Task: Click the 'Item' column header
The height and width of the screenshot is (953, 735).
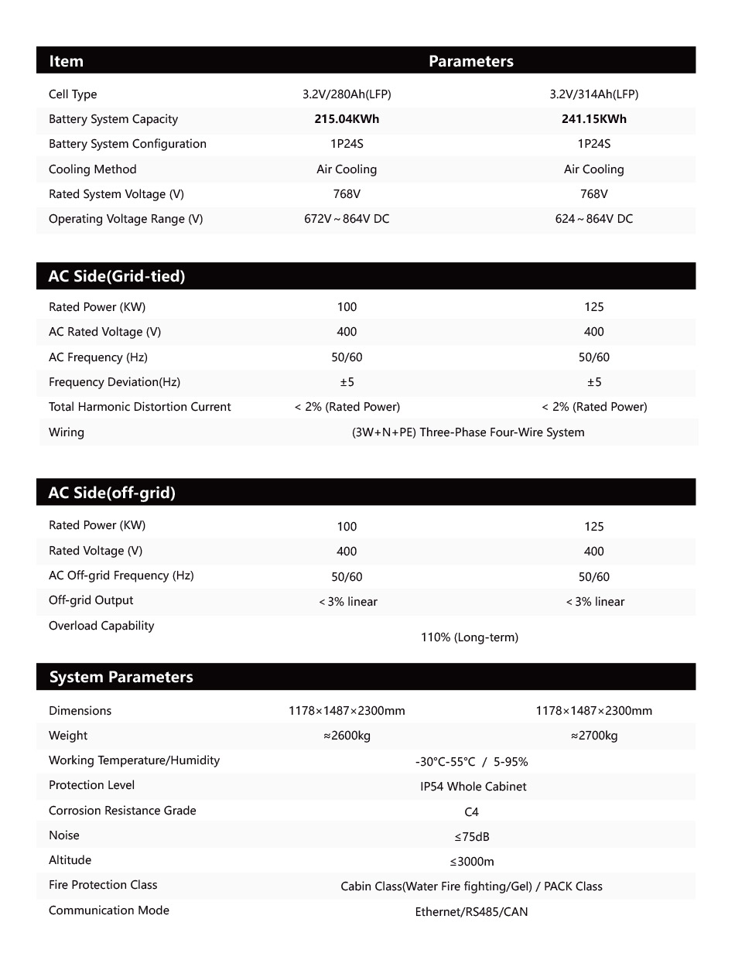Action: [x=66, y=61]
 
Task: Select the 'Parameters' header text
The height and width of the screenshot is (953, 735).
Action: [x=470, y=61]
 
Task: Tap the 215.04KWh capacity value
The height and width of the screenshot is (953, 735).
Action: [x=347, y=119]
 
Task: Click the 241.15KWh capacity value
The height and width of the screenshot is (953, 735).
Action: [x=593, y=119]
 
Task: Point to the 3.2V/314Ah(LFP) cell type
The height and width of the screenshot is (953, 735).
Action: [x=593, y=94]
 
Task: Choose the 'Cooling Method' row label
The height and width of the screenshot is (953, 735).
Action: [x=92, y=169]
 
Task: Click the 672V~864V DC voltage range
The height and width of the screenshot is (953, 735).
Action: [x=347, y=219]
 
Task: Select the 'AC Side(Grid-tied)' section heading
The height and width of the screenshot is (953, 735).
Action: [x=117, y=276]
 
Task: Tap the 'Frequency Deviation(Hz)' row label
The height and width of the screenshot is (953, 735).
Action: [x=115, y=382]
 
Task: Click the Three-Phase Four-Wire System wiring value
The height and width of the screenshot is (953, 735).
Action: [x=468, y=432]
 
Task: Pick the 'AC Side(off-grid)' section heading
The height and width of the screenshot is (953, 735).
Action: [x=112, y=493]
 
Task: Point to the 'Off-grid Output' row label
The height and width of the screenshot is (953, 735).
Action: [x=91, y=600]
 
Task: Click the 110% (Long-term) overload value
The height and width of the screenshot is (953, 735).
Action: [x=470, y=637]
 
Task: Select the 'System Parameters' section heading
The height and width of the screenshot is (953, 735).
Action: [x=121, y=677]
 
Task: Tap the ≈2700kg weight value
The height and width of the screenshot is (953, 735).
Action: [x=593, y=736]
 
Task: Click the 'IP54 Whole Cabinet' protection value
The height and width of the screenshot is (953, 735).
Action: [x=473, y=787]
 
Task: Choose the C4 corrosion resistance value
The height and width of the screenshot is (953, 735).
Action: [x=471, y=812]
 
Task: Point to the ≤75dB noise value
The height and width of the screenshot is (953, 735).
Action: [x=471, y=837]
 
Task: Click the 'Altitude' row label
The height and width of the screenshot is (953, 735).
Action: [x=70, y=860]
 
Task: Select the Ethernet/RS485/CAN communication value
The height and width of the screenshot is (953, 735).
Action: [x=471, y=912]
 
